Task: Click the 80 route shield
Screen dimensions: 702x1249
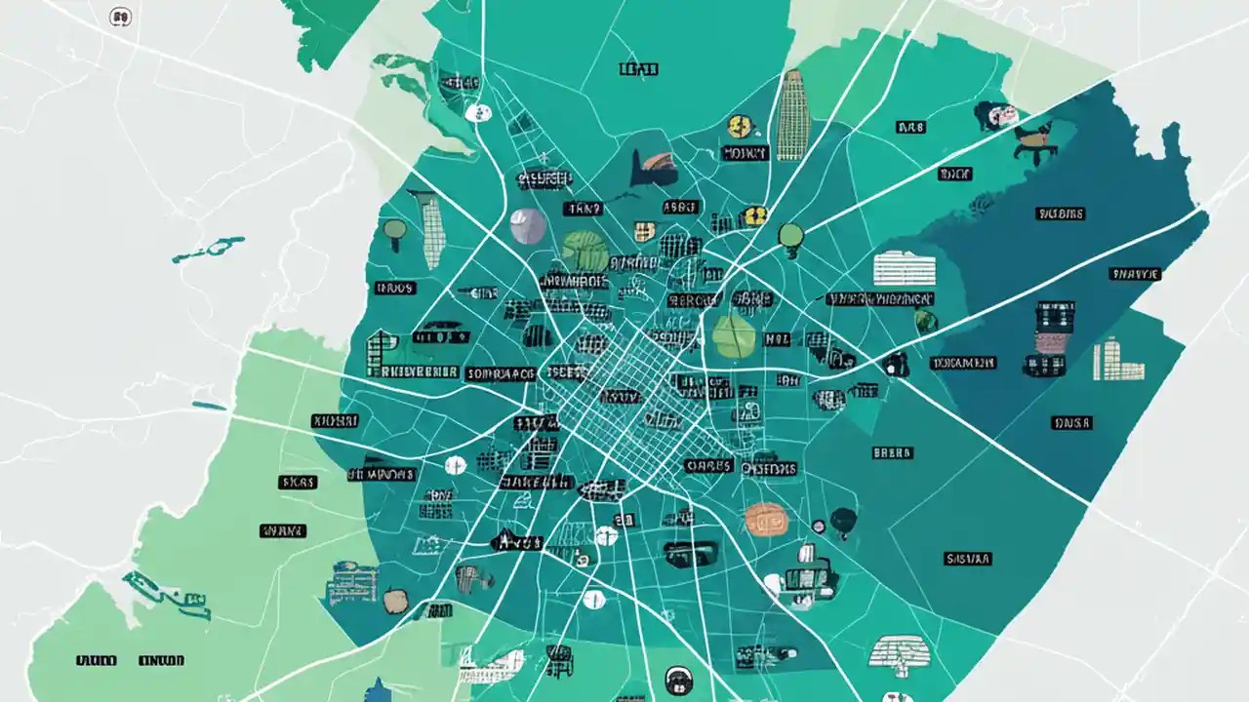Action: pyautogui.click(x=120, y=16)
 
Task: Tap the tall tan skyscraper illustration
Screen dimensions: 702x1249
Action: pyautogui.click(x=792, y=115)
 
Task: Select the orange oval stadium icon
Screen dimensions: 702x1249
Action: pyautogui.click(x=765, y=518)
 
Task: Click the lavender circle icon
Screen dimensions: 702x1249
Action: pyautogui.click(x=528, y=225)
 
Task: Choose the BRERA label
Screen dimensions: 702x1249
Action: pyautogui.click(x=892, y=452)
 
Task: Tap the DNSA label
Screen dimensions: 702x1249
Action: pyautogui.click(x=1070, y=423)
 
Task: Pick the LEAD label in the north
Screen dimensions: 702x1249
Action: pyautogui.click(x=638, y=69)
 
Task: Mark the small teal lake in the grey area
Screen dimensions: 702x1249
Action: pyautogui.click(x=208, y=249)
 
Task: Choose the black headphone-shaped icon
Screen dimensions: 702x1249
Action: pyautogui.click(x=677, y=679)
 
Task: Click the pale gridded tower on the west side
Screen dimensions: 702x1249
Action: pyautogui.click(x=432, y=231)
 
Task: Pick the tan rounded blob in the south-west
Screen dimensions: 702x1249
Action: pyautogui.click(x=394, y=601)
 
